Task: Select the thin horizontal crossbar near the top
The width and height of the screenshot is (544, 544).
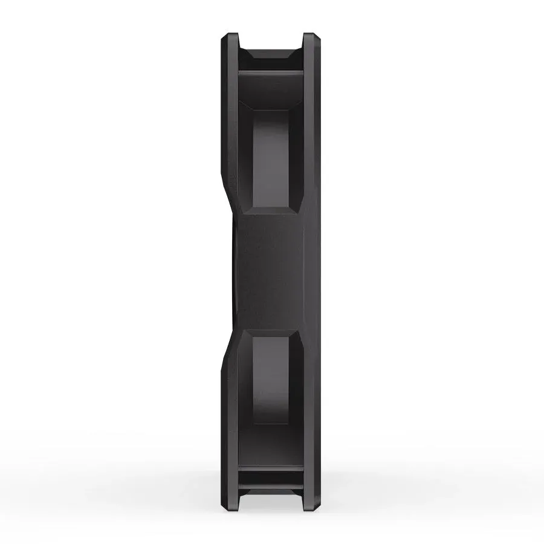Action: click(270, 73)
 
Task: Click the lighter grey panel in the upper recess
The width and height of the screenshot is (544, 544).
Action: click(272, 157)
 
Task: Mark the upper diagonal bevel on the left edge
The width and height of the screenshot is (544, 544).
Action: click(228, 187)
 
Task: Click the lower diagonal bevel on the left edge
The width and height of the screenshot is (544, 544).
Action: click(228, 354)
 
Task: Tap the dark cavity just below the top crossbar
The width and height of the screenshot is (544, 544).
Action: click(270, 91)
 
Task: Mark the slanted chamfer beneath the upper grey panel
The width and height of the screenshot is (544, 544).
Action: click(271, 210)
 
